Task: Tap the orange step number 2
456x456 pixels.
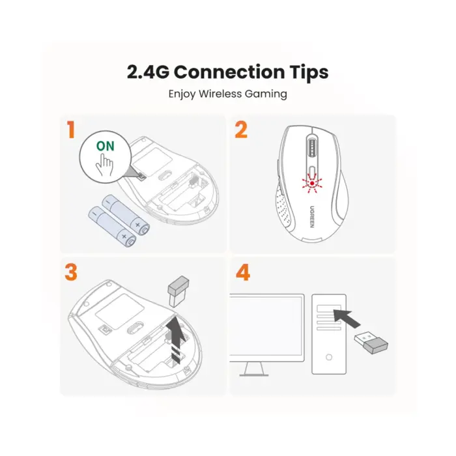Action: click(241, 129)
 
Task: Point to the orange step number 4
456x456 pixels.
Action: click(242, 272)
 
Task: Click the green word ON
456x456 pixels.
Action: click(105, 146)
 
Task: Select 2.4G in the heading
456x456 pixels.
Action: click(148, 72)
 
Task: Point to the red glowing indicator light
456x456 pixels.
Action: click(313, 184)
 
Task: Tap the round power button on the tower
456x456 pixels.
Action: click(329, 358)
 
